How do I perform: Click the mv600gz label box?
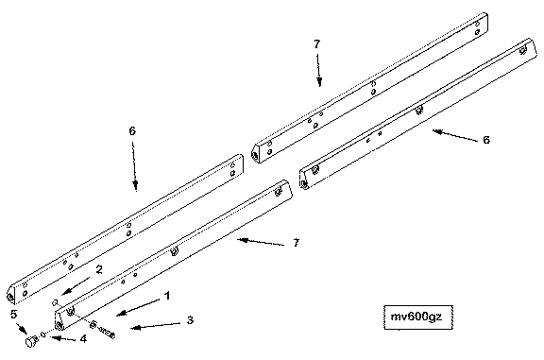418,317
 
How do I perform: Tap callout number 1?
167,296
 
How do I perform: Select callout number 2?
99,269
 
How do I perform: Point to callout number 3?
190,320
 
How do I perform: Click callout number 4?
83,339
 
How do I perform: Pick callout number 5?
13,315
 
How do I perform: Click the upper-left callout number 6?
132,131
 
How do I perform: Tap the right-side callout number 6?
486,140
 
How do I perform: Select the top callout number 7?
316,44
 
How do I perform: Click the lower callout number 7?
296,243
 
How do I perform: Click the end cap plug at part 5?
31,341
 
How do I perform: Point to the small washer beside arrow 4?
43,334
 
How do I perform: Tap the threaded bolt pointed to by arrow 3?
102,330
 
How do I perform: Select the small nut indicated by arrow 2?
55,302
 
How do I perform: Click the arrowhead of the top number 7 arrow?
319,82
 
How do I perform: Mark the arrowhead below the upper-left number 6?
136,185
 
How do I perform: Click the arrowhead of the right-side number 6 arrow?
438,131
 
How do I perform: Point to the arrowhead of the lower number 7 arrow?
244,240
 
